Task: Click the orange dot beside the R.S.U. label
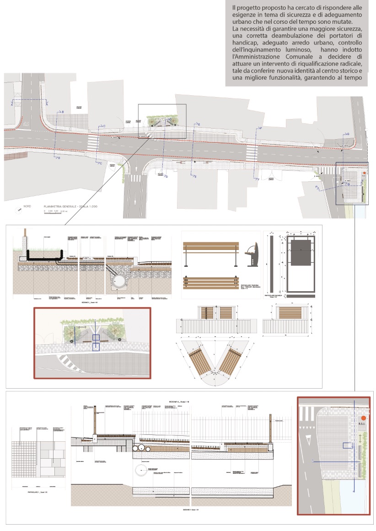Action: click(363, 418)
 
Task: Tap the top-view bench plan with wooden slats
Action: click(211, 284)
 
